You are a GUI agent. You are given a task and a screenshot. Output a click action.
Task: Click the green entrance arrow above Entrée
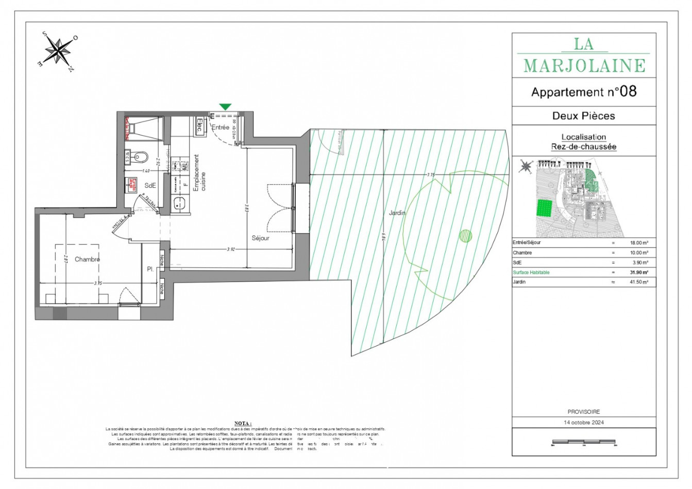point(225,107)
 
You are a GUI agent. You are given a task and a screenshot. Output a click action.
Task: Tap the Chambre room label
point(87,259)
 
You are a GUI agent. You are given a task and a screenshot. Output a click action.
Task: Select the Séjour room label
point(260,238)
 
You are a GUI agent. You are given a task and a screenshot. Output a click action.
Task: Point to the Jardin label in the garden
point(397,213)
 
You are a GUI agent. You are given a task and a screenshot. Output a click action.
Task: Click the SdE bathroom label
point(150,186)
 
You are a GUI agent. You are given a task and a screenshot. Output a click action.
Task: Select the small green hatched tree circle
point(465,236)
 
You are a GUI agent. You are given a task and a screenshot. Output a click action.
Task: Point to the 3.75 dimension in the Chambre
point(98,283)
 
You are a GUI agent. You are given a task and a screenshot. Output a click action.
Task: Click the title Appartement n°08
point(584,92)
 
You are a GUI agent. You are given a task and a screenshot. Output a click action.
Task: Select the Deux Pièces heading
point(584,116)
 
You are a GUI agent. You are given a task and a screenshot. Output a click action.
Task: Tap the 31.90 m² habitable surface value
point(639,272)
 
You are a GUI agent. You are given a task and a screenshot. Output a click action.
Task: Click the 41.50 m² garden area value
point(639,282)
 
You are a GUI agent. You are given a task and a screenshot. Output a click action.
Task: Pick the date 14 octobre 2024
point(584,422)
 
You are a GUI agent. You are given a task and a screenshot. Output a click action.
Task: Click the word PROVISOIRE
point(584,412)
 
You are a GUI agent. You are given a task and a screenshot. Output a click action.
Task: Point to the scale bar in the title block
point(584,442)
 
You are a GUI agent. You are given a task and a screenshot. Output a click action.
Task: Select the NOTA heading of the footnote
point(243,423)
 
